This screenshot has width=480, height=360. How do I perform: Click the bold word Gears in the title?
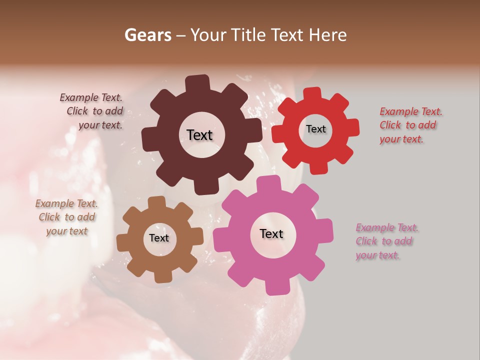(x=147, y=35)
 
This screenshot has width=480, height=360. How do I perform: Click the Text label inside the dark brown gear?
(x=199, y=135)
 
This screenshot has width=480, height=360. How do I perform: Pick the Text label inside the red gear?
(x=315, y=129)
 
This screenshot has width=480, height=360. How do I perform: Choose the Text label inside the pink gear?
(x=271, y=233)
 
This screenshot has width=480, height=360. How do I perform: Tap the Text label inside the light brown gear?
(x=159, y=238)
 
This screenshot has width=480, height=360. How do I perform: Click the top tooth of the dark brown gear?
(x=197, y=83)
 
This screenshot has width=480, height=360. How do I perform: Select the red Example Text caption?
(x=410, y=125)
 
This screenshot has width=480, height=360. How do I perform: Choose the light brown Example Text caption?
(x=66, y=217)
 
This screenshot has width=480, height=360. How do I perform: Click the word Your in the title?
(x=207, y=35)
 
